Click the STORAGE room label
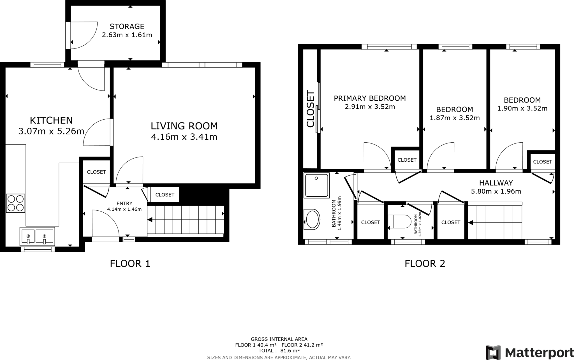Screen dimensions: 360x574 pos(127,27)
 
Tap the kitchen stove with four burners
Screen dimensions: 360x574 pos(15,203)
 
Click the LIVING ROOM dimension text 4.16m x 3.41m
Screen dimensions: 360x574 pos(184,137)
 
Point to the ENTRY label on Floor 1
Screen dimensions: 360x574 pos(124,204)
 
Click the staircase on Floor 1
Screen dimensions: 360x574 pos(186,220)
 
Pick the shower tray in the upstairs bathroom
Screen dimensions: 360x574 pos(316,185)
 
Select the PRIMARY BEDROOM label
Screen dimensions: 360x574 pos(370,98)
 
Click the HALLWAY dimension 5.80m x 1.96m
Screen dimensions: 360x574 pos(496,192)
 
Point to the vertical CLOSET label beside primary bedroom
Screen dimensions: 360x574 pos(311,108)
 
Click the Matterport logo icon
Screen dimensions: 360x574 pos(493,352)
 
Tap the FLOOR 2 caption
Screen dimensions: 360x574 pos(425,264)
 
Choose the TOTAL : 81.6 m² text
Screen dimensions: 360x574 pos(279,351)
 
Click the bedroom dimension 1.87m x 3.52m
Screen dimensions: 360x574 pos(455,118)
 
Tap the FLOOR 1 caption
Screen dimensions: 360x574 pos(130,264)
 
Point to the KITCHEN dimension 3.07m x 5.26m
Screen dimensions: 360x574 pos(51,131)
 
